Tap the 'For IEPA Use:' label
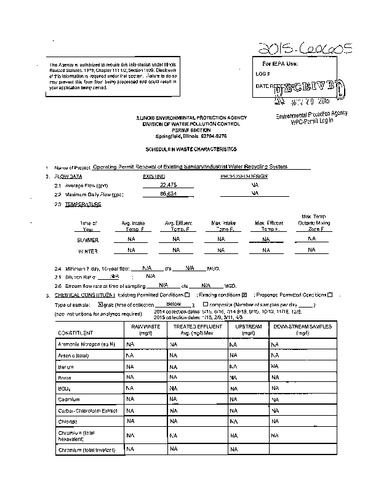click(x=280, y=64)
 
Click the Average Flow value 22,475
click(x=168, y=184)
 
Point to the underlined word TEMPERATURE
click(x=83, y=204)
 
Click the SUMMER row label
click(x=87, y=240)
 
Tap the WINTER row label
click(x=87, y=251)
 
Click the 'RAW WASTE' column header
click(x=145, y=330)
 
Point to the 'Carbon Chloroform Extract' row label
click(x=87, y=410)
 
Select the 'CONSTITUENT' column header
click(x=76, y=333)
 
